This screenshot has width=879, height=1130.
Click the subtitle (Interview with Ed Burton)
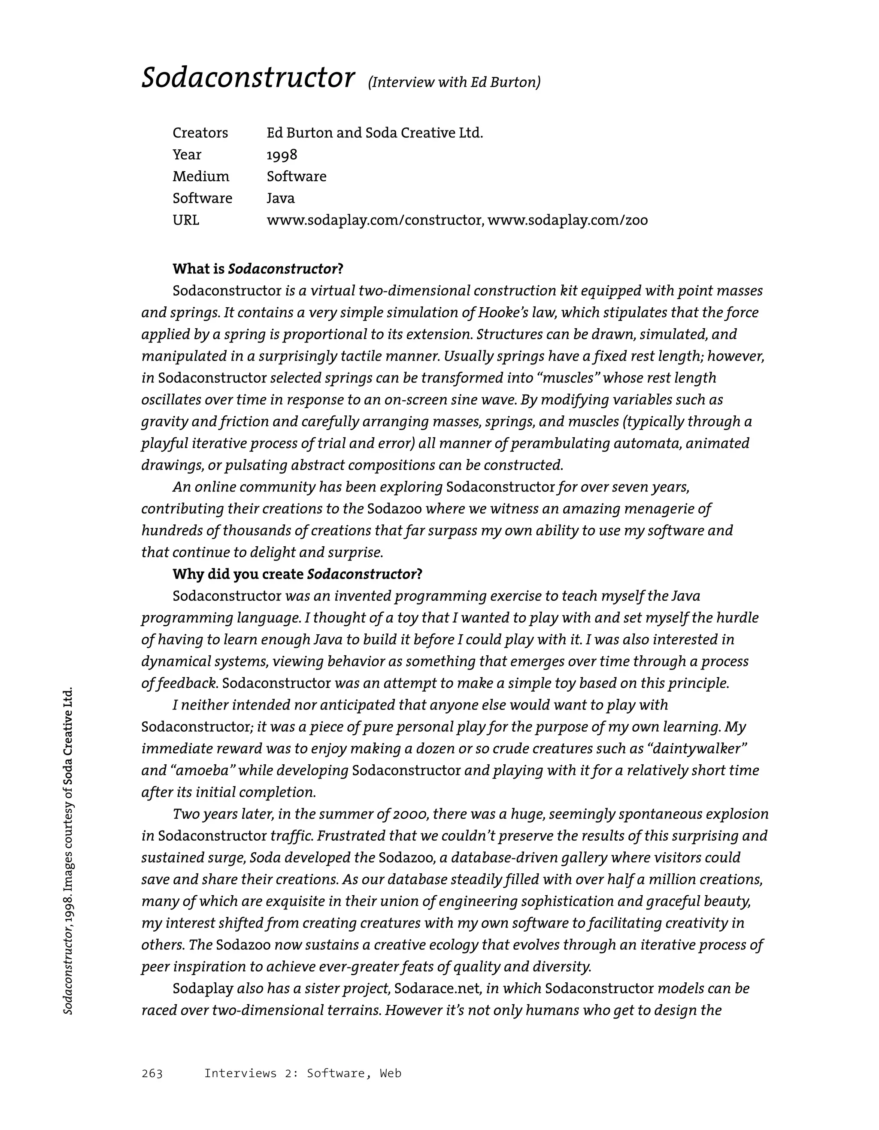pos(454,82)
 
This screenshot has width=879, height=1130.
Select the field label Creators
pos(200,133)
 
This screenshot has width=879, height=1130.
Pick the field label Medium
pos(201,176)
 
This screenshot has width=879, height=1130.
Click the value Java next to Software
pos(280,198)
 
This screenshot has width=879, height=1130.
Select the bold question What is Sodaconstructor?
pos(258,269)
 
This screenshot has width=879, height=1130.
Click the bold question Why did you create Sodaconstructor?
pos(297,574)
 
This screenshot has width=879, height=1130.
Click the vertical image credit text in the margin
pos(68,851)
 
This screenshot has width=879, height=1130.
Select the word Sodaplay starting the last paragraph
pos(203,989)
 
